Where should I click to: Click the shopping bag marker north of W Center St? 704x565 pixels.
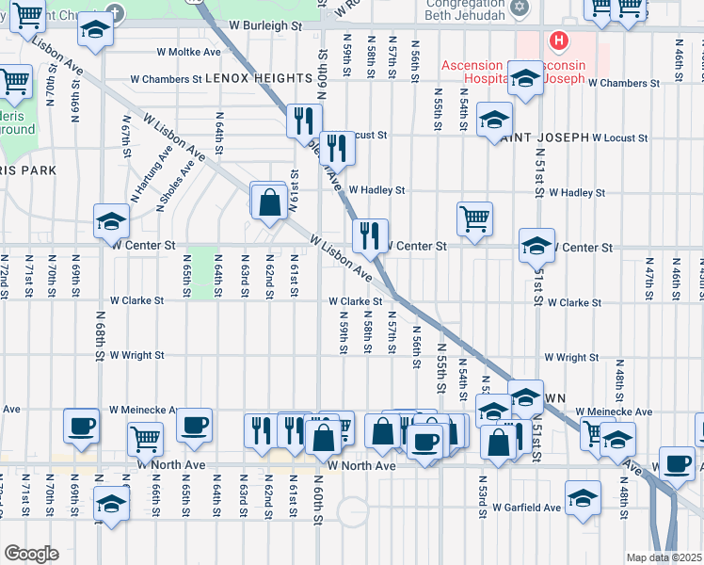click(x=269, y=202)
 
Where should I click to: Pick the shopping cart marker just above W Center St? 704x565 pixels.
click(x=475, y=218)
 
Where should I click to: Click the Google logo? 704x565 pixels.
click(x=31, y=554)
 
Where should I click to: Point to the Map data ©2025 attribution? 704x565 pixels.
click(x=664, y=557)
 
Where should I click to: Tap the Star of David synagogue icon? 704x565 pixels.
click(x=517, y=8)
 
